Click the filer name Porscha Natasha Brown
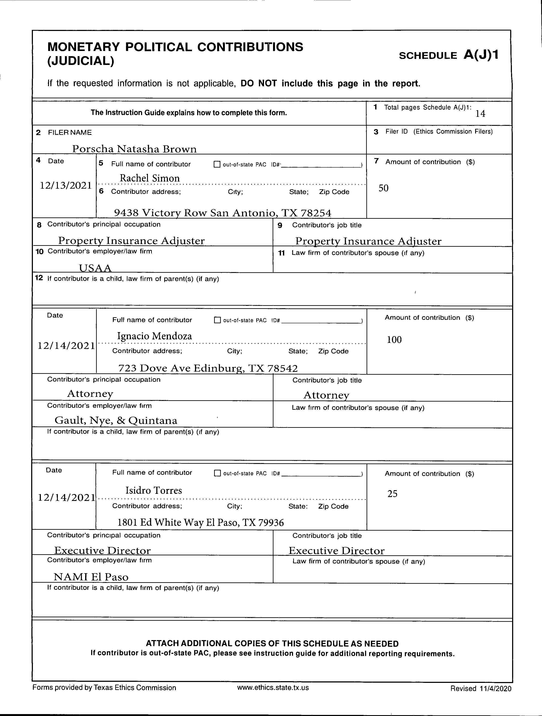[x=134, y=149]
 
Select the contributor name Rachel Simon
[x=149, y=178]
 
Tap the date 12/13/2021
[x=66, y=185]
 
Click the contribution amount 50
[x=384, y=188]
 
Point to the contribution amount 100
[x=394, y=340]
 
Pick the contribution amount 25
[x=392, y=494]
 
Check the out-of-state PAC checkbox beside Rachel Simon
[x=217, y=165]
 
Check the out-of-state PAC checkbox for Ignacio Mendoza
[x=217, y=320]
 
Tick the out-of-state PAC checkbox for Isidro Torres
[x=217, y=473]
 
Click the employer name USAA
[x=95, y=268]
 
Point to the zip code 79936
[x=271, y=522]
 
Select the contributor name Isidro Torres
[x=154, y=490]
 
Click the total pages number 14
[x=480, y=114]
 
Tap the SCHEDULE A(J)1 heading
[x=448, y=55]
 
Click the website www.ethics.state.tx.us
[x=273, y=697]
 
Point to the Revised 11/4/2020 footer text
[x=481, y=698]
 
